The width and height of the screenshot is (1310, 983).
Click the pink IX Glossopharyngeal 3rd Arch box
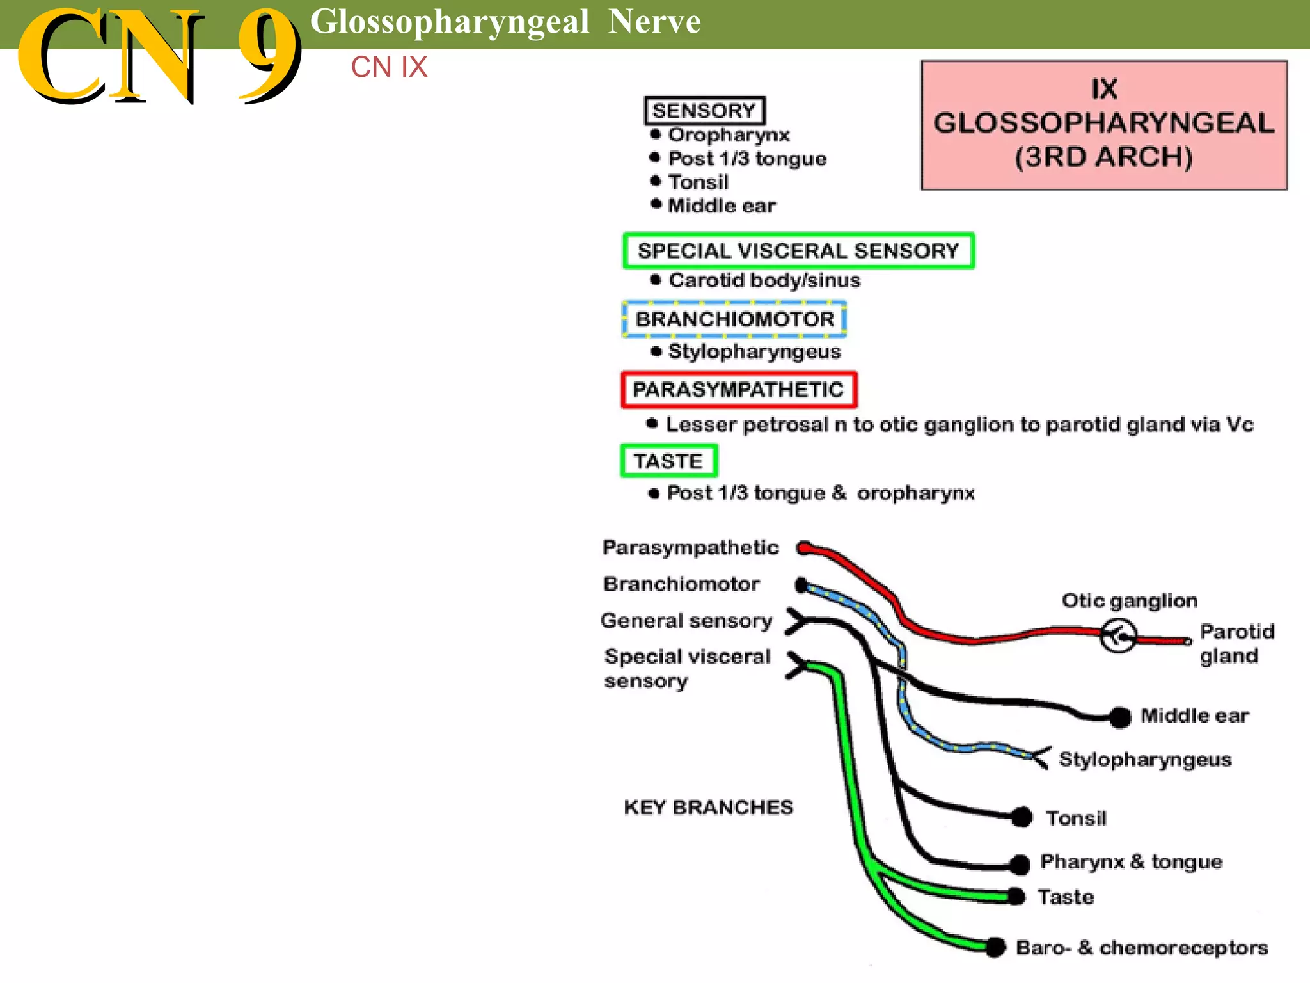pos(1104,125)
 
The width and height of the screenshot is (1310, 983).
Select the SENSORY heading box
pos(704,111)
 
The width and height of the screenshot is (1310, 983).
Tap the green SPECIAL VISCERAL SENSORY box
pos(798,251)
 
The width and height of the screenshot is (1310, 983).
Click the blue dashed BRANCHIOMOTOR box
pos(734,319)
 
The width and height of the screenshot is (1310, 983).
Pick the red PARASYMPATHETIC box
pos(738,390)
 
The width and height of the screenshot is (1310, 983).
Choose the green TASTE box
pos(668,461)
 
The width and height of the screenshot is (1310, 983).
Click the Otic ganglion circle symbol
pos(1118,635)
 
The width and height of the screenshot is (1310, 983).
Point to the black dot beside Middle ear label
pos(1120,717)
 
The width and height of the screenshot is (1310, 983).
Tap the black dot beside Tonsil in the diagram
pos(1022,817)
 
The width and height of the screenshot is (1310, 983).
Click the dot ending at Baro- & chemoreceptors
pos(995,947)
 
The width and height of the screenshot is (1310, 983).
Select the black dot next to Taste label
pos(1016,897)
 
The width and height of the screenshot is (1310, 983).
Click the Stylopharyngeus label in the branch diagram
pos(1145,760)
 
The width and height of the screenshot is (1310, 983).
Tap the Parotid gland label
pos(1236,644)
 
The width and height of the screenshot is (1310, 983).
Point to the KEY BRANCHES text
pos(708,808)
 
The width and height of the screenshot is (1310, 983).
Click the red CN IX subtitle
pos(389,67)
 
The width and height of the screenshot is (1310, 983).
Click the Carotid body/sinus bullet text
pos(764,280)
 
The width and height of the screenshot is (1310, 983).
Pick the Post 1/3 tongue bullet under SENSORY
pos(747,159)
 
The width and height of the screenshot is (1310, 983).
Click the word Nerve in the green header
pos(654,22)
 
